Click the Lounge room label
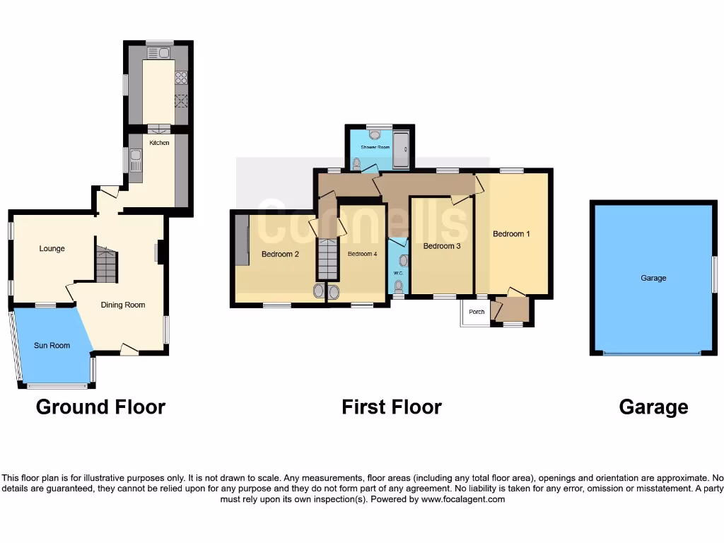pyautogui.click(x=52, y=249)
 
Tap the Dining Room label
pyautogui.click(x=123, y=305)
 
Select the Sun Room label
pyautogui.click(x=52, y=346)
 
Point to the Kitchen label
pyautogui.click(x=160, y=143)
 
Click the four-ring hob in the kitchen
pyautogui.click(x=181, y=78)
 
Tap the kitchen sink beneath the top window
pyautogui.click(x=159, y=52)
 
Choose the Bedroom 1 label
pyautogui.click(x=511, y=234)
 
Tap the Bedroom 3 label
pyautogui.click(x=442, y=246)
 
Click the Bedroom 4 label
pyautogui.click(x=362, y=254)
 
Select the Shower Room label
pyautogui.click(x=375, y=147)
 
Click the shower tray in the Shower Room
pyautogui.click(x=402, y=149)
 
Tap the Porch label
pyautogui.click(x=477, y=312)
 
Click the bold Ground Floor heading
pyautogui.click(x=100, y=407)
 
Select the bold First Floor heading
pyautogui.click(x=392, y=407)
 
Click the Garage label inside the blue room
pyautogui.click(x=653, y=279)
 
